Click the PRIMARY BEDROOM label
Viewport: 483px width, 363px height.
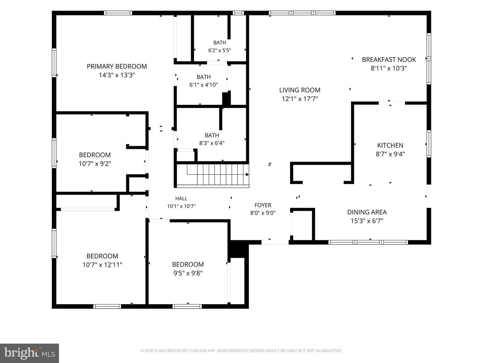(117, 66)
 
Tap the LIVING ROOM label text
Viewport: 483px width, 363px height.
(300, 90)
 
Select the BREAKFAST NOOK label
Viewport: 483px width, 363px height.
(389, 59)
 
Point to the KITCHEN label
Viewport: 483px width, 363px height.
(390, 145)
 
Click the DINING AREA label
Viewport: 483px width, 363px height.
(367, 212)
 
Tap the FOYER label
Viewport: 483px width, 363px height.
(263, 205)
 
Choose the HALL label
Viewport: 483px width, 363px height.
(181, 198)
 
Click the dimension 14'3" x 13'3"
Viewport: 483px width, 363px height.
(117, 75)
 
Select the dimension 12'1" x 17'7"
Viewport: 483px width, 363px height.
(300, 99)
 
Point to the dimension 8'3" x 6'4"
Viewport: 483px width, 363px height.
(212, 143)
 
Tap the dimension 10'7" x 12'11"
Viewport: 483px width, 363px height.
(102, 265)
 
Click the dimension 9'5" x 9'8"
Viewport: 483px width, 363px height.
(188, 273)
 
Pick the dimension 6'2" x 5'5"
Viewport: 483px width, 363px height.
(220, 50)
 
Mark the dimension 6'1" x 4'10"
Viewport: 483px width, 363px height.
(204, 85)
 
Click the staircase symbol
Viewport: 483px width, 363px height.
(213, 175)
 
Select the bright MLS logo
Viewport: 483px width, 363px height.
(30, 353)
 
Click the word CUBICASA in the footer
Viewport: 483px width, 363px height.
(198, 351)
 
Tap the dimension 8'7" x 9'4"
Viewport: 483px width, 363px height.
(390, 154)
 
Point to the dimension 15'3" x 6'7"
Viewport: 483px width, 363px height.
(367, 221)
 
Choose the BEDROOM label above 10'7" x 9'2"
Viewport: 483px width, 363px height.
(95, 155)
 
